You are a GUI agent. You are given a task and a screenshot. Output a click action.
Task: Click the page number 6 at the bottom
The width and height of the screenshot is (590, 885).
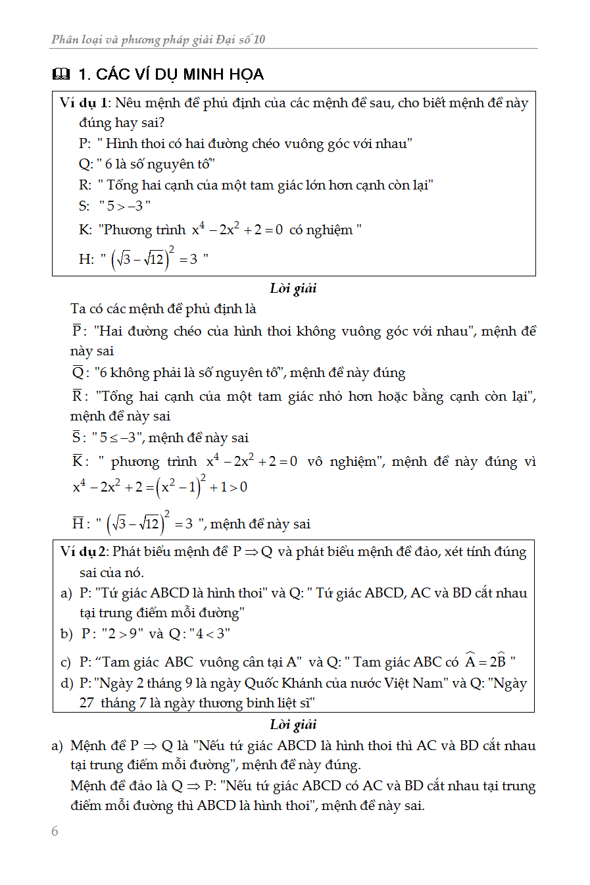(x=55, y=831)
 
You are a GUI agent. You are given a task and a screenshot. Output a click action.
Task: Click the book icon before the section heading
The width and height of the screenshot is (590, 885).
(x=61, y=74)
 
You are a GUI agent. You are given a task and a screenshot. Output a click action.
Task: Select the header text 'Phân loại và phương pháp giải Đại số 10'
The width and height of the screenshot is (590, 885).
(x=159, y=39)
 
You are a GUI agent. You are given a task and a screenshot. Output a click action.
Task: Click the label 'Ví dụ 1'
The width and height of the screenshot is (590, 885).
(x=83, y=103)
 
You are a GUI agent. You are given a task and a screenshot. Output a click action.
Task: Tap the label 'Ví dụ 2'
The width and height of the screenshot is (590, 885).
(x=84, y=551)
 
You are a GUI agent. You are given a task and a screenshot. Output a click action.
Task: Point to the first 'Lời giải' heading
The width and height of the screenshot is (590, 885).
(x=293, y=288)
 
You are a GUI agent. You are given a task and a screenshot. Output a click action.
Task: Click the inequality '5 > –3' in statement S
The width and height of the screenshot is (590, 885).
(x=125, y=206)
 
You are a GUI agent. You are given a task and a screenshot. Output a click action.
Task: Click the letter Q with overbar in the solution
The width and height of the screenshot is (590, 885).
(x=78, y=373)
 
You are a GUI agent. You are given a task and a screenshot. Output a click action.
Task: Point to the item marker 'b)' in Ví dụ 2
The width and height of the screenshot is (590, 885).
(x=66, y=634)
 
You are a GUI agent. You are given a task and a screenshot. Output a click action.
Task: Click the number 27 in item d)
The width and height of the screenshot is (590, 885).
(x=87, y=703)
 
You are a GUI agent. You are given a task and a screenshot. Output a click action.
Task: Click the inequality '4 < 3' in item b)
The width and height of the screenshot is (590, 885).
(x=210, y=634)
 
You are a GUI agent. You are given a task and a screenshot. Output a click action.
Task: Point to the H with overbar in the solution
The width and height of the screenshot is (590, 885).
(x=78, y=524)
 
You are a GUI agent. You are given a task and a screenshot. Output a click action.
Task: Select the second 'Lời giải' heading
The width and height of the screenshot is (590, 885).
(x=293, y=724)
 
